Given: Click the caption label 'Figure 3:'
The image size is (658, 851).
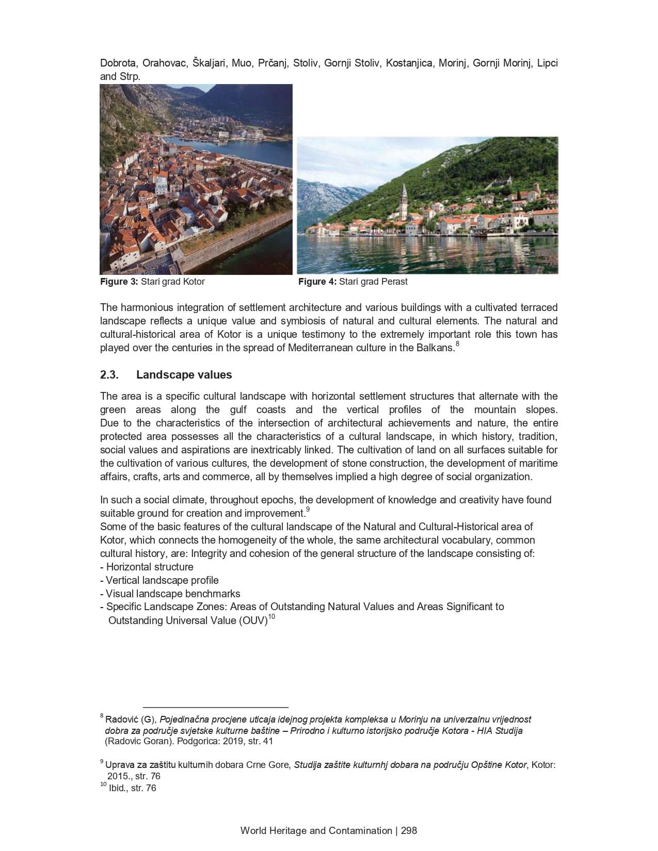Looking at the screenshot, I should [119, 282].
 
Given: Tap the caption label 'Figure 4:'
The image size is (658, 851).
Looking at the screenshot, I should [317, 282].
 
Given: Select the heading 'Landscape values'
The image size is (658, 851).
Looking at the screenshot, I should [184, 375].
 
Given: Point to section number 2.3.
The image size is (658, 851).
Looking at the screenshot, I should [109, 375].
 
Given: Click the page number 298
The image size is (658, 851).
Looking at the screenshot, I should [409, 830].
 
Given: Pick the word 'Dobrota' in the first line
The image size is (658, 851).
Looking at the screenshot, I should [119, 63].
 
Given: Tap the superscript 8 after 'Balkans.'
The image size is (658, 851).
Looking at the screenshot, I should [457, 343].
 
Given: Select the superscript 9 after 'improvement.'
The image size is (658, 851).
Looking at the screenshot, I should [308, 510].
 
